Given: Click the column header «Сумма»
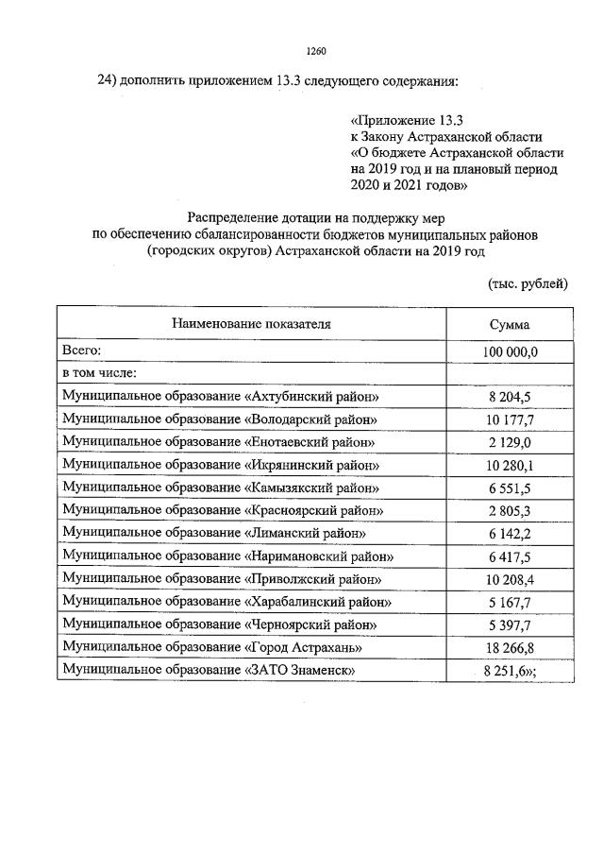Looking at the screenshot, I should pos(509,325).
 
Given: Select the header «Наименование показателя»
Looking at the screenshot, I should pos(251,324).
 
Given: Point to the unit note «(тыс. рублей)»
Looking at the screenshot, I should pos(528,282).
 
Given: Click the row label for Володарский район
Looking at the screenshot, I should pos(220,419).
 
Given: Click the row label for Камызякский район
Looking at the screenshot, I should pos(221,487).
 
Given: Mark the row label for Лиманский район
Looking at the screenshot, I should pos(213,533).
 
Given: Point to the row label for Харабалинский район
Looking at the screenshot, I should pos(225,601).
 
